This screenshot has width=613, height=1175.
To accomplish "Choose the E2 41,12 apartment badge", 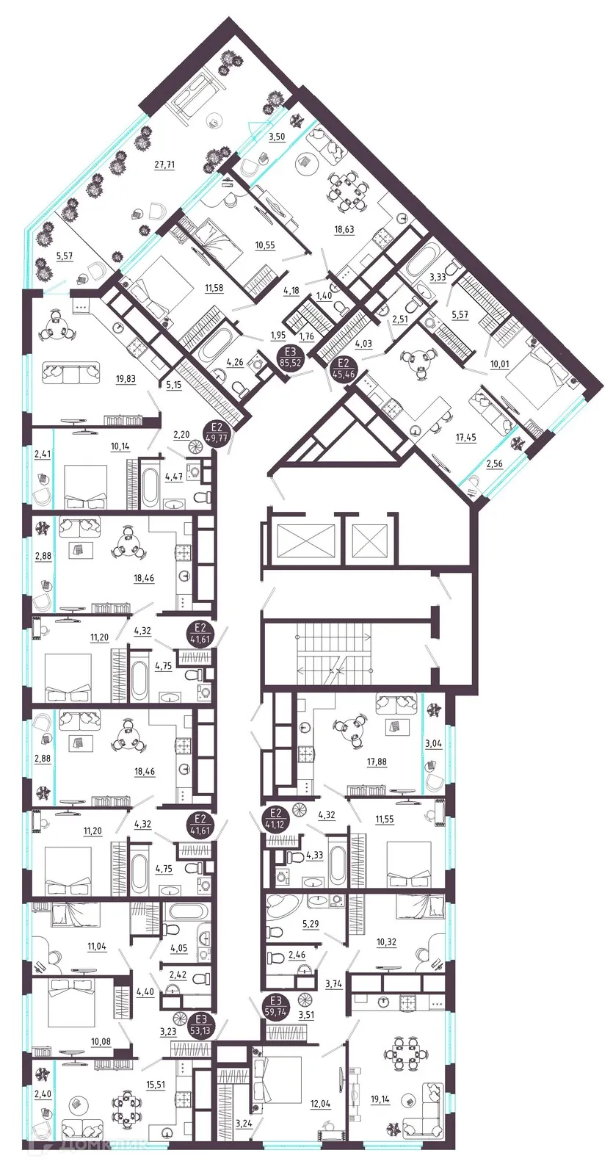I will point(276,818).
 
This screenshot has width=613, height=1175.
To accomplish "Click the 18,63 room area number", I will point(344,230).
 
